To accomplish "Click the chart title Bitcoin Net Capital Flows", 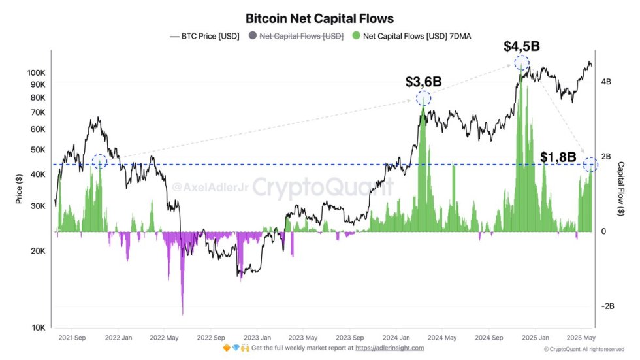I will pyautogui.click(x=319, y=19).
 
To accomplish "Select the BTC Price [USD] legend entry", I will pyautogui.click(x=205, y=36).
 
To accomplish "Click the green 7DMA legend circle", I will pyautogui.click(x=355, y=36).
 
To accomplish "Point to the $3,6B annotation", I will pyautogui.click(x=423, y=82).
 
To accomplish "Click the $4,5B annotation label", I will pyautogui.click(x=521, y=46).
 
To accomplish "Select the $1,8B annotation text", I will pyautogui.click(x=558, y=157).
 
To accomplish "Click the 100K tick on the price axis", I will pyautogui.click(x=37, y=73).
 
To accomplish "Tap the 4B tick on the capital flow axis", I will pyautogui.click(x=605, y=82).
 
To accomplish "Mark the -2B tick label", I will pyautogui.click(x=607, y=306).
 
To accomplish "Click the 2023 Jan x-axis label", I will pyautogui.click(x=257, y=338).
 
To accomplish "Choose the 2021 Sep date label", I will pyautogui.click(x=72, y=338).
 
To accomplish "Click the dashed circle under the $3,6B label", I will pyautogui.click(x=423, y=99).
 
